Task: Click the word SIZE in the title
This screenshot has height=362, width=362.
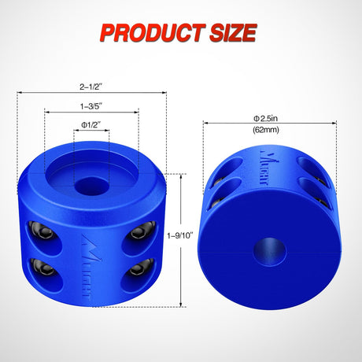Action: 229,32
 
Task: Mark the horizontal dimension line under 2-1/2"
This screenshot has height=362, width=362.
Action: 92,92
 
